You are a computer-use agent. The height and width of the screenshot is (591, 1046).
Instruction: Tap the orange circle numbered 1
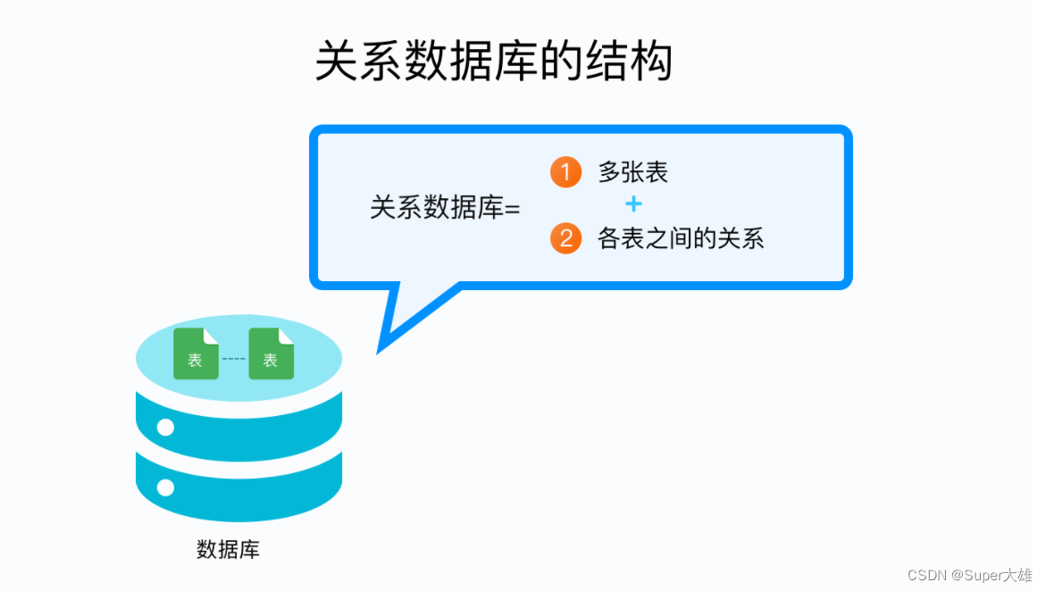click(565, 171)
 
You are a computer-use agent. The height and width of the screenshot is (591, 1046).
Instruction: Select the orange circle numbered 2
click(565, 238)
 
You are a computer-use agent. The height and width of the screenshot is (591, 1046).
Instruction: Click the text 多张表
click(632, 171)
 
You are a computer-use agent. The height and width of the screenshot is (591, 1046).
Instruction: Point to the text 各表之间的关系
click(681, 238)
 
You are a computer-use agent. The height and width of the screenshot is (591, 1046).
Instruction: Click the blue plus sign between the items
click(633, 204)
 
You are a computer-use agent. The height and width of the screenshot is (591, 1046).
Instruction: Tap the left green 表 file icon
click(196, 354)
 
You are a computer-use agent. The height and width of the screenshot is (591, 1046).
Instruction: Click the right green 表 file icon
click(271, 354)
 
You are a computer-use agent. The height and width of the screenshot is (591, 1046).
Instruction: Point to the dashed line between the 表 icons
click(233, 359)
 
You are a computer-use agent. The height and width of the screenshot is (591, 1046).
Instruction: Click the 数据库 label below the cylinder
click(228, 548)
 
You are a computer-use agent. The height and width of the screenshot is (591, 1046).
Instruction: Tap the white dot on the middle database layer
click(165, 427)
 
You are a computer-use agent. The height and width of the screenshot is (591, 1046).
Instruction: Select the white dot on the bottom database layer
click(165, 487)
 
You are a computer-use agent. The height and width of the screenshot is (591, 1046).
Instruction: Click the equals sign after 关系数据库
click(512, 209)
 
